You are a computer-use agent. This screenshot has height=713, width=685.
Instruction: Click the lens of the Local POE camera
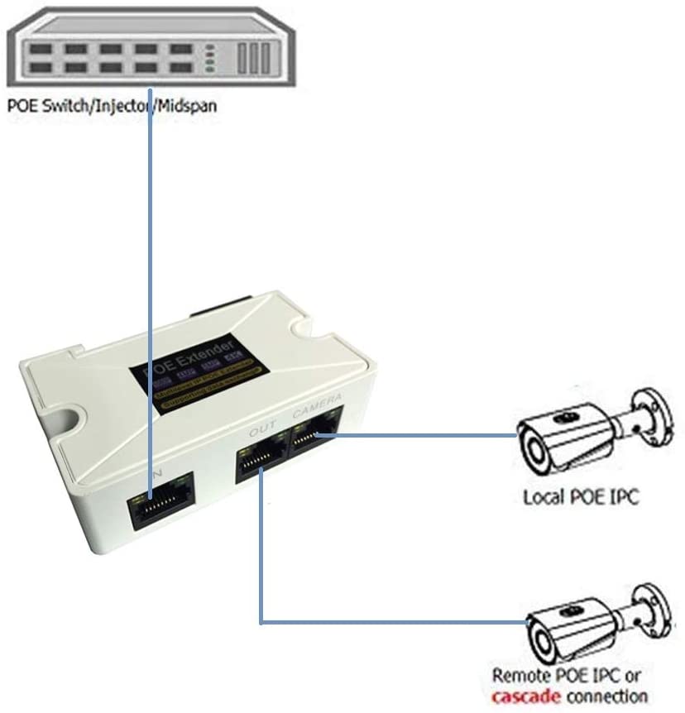531,452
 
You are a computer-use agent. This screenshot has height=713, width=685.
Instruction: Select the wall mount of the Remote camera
657,609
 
